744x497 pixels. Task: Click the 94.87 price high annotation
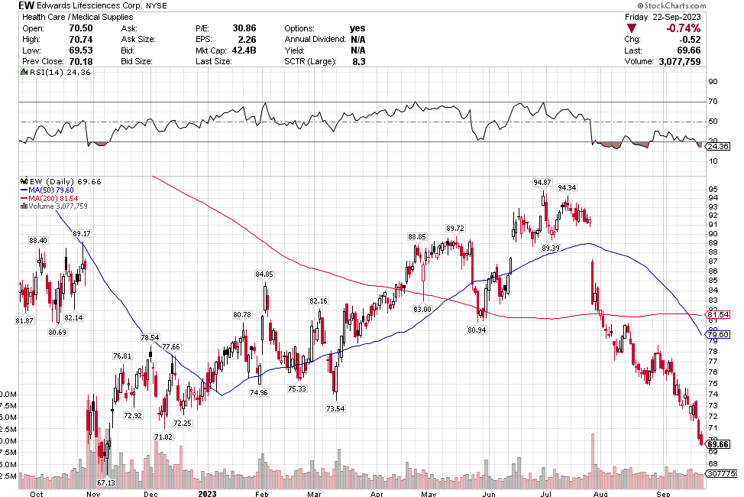coord(542,182)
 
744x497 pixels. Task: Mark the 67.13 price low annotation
coord(105,483)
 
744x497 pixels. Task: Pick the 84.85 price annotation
coord(264,274)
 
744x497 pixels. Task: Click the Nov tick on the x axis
coord(92,493)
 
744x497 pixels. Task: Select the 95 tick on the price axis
coord(713,189)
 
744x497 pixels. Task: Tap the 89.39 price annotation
coord(550,248)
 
